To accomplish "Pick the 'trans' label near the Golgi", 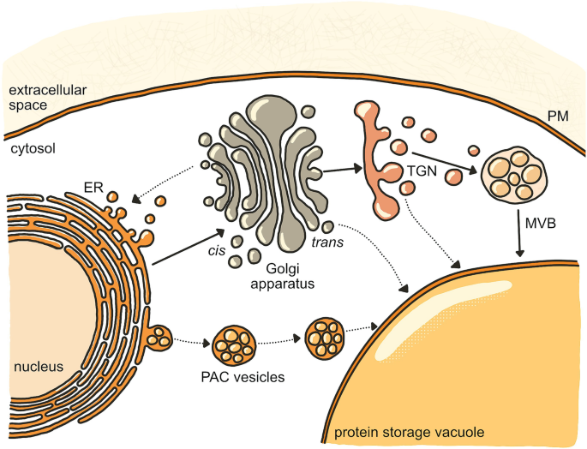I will click(x=326, y=243).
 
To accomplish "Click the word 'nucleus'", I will click(x=39, y=367).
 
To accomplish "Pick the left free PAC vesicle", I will click(x=235, y=343).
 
